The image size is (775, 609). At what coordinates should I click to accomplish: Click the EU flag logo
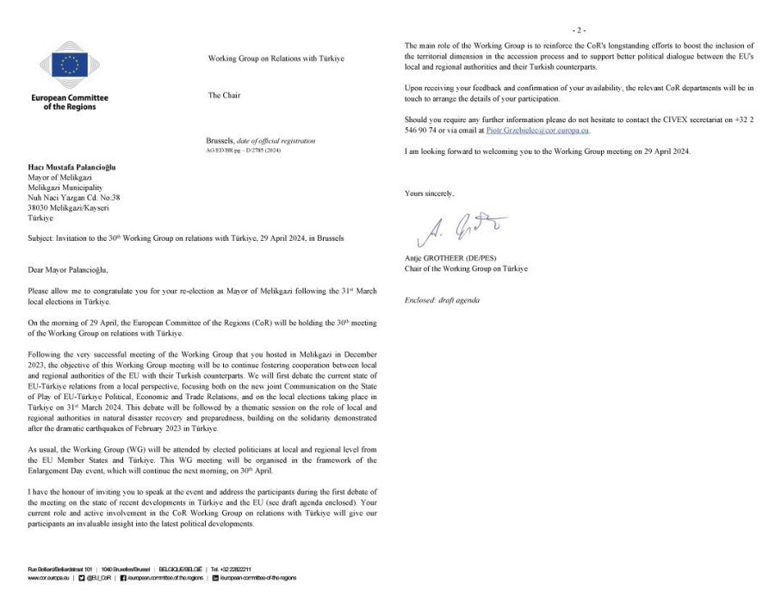(x=70, y=63)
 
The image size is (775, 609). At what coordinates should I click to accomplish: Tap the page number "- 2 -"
(x=579, y=30)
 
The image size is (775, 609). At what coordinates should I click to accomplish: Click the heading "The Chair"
(x=225, y=95)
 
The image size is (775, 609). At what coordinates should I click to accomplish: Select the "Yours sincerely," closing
(x=429, y=194)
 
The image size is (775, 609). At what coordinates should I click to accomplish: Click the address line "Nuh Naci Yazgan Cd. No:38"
(x=75, y=198)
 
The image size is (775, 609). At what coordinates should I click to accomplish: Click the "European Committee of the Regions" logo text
(x=70, y=101)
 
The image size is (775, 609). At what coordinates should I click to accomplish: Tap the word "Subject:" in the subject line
(x=45, y=237)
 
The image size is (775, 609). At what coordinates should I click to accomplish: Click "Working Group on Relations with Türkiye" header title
(x=276, y=58)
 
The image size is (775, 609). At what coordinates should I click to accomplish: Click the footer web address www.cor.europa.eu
(x=47, y=578)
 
